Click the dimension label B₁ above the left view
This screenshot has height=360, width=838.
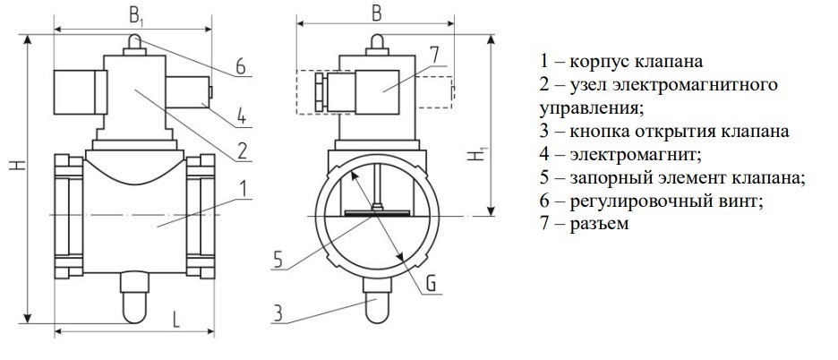coord(136,16)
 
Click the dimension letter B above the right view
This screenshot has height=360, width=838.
coord(377,14)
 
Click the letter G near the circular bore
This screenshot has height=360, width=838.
coord(431,285)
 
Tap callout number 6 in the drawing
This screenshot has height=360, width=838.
coord(241,67)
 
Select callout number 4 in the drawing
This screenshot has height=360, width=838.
coord(242,116)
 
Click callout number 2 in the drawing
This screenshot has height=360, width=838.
coord(242,151)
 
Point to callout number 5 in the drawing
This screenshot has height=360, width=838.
coord(278,260)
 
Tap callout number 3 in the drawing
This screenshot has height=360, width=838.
coord(278,314)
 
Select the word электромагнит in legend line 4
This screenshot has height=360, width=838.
coord(635,155)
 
